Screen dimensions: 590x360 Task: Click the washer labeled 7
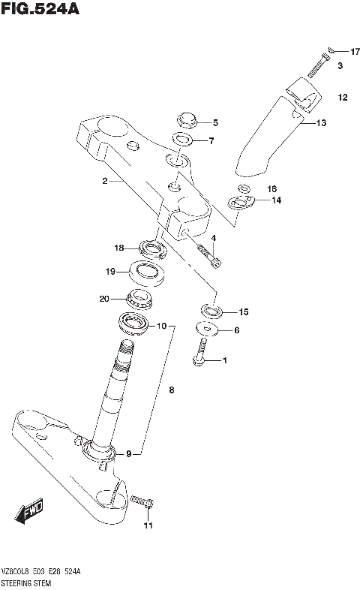tap(181, 140)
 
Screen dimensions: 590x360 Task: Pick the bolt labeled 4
tap(208, 256)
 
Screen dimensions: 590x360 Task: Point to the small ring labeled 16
tap(244, 188)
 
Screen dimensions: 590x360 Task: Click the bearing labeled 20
tap(140, 299)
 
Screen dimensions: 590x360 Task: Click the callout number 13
tap(321, 122)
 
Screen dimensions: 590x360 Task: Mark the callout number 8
tap(171, 390)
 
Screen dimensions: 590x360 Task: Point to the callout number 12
tap(342, 98)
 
